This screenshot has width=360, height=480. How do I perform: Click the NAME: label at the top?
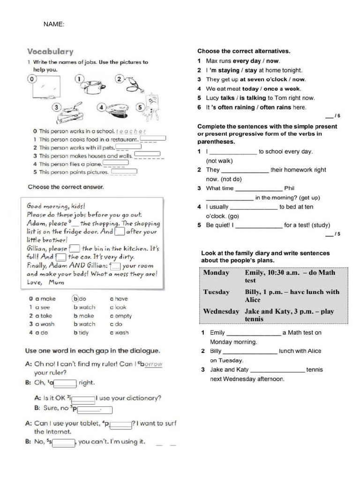click(x=54, y=24)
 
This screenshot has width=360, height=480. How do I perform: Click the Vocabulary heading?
click(x=50, y=52)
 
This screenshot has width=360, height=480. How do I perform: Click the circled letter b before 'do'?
click(x=75, y=298)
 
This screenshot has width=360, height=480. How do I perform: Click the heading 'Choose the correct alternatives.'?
click(x=244, y=51)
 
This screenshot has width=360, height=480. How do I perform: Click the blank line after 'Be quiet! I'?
click(x=259, y=225)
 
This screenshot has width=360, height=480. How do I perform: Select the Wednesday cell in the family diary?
click(x=221, y=311)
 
